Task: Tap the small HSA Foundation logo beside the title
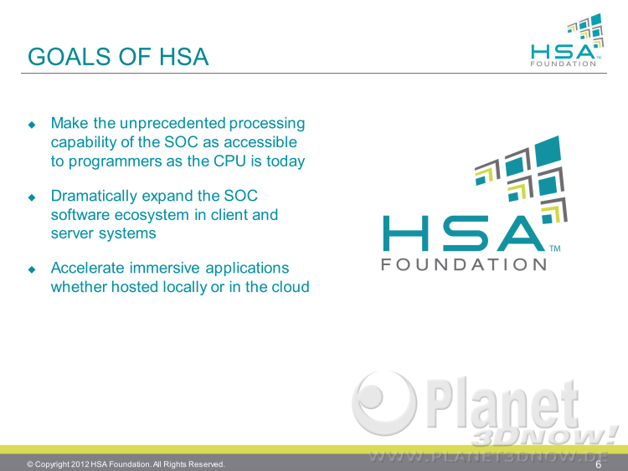click(567, 40)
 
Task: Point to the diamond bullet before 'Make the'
click(32, 125)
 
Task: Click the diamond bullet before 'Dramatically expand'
click(32, 197)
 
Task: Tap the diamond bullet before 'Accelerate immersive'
click(32, 269)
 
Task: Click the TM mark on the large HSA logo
click(554, 248)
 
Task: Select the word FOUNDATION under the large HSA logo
click(464, 264)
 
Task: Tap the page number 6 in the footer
click(599, 464)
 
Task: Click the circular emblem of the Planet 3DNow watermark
click(383, 402)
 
